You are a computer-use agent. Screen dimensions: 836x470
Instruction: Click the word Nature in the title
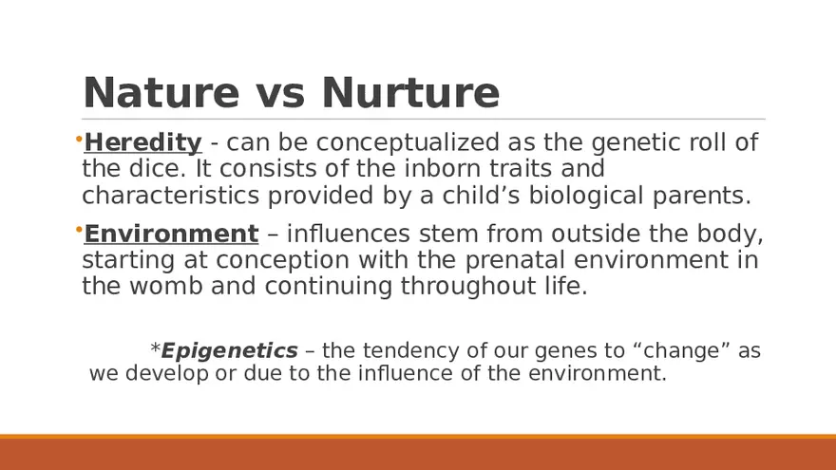click(x=161, y=93)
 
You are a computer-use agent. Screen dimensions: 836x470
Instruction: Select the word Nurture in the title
click(x=410, y=93)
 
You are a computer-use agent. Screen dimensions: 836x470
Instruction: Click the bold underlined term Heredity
click(x=142, y=142)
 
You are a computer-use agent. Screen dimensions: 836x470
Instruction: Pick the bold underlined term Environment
click(x=171, y=234)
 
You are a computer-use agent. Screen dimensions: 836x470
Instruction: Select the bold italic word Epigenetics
click(x=229, y=350)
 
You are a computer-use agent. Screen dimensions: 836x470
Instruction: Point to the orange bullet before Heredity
click(x=79, y=140)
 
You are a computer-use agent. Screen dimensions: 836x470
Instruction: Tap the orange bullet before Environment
click(x=79, y=230)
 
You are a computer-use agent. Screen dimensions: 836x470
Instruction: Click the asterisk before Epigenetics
click(x=155, y=348)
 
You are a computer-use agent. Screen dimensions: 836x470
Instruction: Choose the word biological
click(x=586, y=197)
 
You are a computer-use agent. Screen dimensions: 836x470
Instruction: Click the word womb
click(x=166, y=286)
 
